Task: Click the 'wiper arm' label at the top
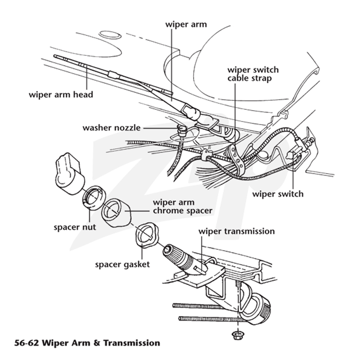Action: (x=186, y=24)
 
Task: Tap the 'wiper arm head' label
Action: (x=61, y=94)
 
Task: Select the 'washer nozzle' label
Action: (x=111, y=128)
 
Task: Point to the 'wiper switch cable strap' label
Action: (x=253, y=74)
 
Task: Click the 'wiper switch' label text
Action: (x=278, y=194)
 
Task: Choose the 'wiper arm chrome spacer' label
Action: (x=183, y=207)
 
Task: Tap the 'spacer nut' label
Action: (x=75, y=227)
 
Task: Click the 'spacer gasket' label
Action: (x=122, y=265)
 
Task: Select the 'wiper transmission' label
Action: (x=237, y=231)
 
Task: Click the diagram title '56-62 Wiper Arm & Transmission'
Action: (x=87, y=343)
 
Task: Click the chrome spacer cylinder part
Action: (x=116, y=213)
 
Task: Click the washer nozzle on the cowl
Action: (x=182, y=130)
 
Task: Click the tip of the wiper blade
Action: (x=54, y=56)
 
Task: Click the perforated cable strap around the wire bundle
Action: (x=234, y=157)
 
